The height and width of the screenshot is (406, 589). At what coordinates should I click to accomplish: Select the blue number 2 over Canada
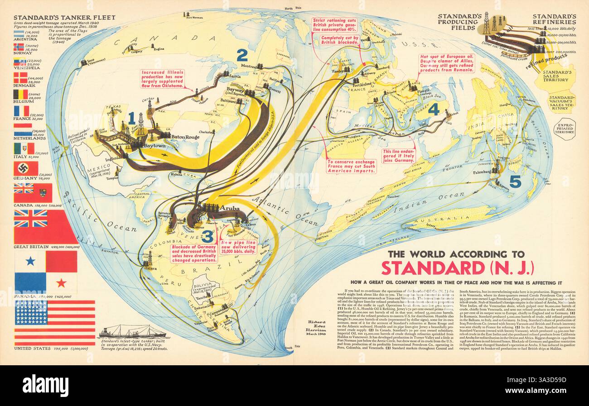click(242, 55)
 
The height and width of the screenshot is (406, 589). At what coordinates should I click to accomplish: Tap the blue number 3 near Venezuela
click(207, 236)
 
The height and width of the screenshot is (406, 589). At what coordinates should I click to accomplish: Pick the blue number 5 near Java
click(515, 182)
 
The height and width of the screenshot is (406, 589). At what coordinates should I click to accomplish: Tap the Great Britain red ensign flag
click(45, 226)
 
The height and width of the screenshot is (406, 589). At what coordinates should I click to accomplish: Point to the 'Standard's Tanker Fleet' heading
click(64, 18)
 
